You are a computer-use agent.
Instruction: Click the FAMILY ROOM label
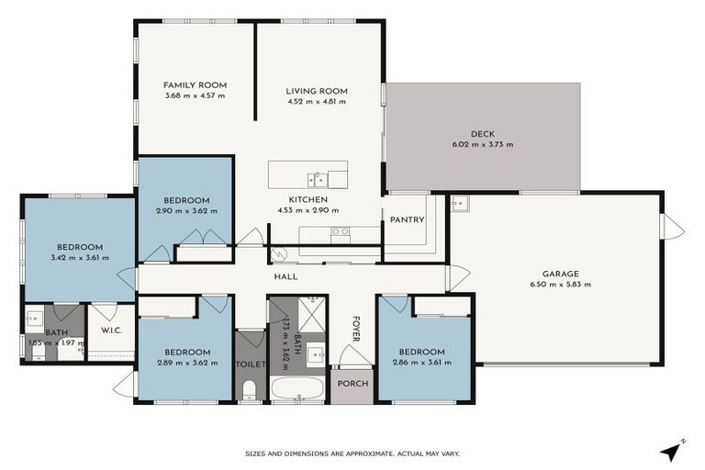[194, 84]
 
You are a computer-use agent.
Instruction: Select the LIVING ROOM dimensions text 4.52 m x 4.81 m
[316, 102]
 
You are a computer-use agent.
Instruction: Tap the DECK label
[483, 134]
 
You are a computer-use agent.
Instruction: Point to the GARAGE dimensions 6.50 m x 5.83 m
[560, 285]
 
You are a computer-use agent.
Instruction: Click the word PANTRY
[406, 220]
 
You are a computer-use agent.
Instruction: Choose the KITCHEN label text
[308, 199]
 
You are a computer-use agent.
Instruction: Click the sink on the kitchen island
[315, 174]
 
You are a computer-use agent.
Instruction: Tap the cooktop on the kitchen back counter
[341, 232]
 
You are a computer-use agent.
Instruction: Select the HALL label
[285, 276]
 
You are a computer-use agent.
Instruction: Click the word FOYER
[357, 329]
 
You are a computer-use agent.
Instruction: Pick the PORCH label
[352, 384]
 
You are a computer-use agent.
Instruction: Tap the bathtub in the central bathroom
[297, 388]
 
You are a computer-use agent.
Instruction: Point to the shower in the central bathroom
[311, 313]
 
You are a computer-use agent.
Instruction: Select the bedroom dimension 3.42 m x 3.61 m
[79, 258]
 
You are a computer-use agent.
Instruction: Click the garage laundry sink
[460, 203]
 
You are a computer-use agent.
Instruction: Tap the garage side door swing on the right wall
[673, 226]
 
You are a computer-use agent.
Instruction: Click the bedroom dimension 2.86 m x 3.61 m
[421, 363]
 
